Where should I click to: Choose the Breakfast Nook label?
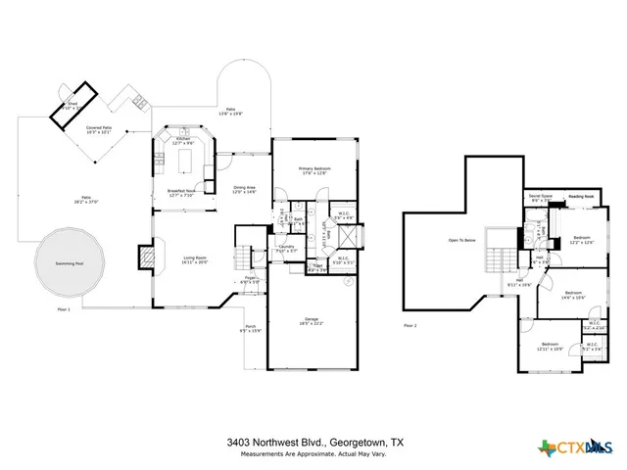(x=182, y=193)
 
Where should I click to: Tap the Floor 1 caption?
(x=65, y=308)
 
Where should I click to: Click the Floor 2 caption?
(x=410, y=325)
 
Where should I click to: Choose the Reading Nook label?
(x=582, y=195)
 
